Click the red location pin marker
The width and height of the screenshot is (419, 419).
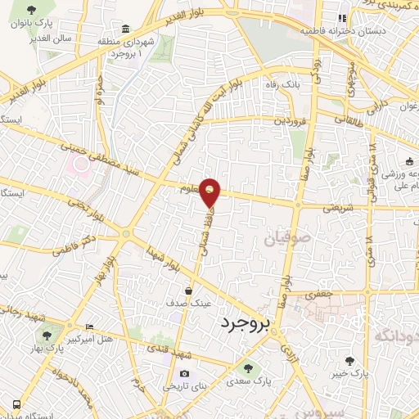[x=210, y=193]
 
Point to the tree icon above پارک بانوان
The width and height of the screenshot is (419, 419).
[x=31, y=11]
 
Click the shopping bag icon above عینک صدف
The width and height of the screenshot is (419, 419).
[x=189, y=290]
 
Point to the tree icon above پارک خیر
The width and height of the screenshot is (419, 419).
[x=349, y=360]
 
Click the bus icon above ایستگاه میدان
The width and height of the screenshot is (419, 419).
[x=16, y=403]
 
